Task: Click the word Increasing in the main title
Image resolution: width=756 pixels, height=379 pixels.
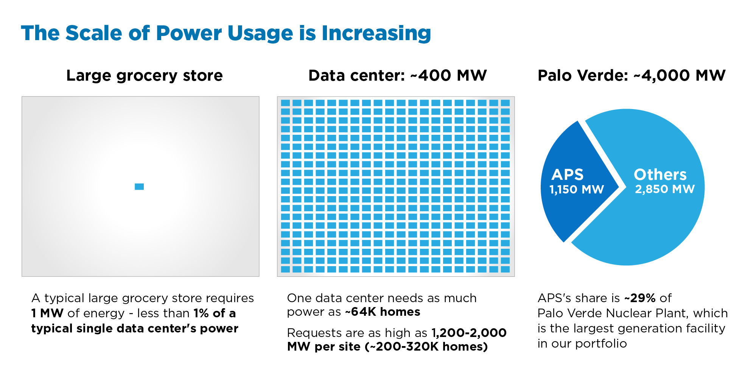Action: point(376,33)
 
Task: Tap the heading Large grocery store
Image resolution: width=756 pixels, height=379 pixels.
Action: point(144,75)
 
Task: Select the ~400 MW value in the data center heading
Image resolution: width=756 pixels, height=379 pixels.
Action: point(449,75)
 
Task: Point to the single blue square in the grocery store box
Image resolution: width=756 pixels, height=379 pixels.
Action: point(139,187)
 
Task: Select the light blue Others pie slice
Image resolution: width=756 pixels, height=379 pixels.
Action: point(651,227)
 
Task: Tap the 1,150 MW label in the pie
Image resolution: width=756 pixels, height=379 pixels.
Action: point(576,189)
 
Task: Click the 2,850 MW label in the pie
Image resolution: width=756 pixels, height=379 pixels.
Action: point(664,189)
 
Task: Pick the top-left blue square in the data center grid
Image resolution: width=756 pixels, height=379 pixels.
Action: point(285,103)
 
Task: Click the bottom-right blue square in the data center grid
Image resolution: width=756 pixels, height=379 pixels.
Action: point(505,269)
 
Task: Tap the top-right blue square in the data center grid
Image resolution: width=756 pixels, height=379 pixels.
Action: point(505,103)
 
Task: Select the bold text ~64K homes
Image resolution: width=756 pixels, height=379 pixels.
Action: point(382,312)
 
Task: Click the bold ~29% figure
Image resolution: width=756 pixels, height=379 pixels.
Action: point(640,298)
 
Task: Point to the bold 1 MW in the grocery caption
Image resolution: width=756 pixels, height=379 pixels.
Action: point(47,313)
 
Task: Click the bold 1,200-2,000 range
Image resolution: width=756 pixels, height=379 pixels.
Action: point(469,333)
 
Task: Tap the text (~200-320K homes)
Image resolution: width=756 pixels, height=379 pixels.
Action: point(426,346)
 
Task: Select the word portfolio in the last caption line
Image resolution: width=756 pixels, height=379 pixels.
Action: point(601,343)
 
